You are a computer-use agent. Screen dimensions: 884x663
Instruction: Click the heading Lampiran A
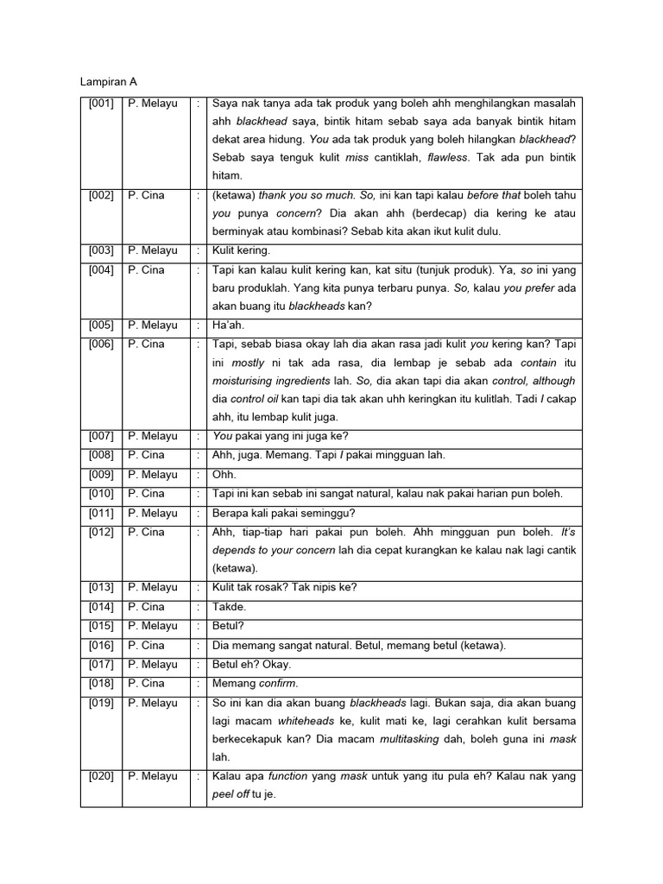tap(109, 82)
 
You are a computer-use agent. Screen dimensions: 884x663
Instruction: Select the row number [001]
tap(101, 104)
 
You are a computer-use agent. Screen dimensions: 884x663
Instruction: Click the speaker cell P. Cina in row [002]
tap(146, 196)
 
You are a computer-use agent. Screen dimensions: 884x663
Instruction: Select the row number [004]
tap(101, 270)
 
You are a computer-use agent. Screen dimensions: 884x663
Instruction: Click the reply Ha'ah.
tap(229, 325)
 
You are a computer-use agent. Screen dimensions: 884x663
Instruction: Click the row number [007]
tap(101, 437)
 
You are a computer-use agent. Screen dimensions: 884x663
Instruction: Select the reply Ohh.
tap(224, 475)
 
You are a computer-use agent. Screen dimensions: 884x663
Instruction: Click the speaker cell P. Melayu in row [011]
tap(153, 514)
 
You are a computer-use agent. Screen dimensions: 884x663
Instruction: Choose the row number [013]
tap(101, 588)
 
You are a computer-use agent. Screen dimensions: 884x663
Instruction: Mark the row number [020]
tap(101, 777)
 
